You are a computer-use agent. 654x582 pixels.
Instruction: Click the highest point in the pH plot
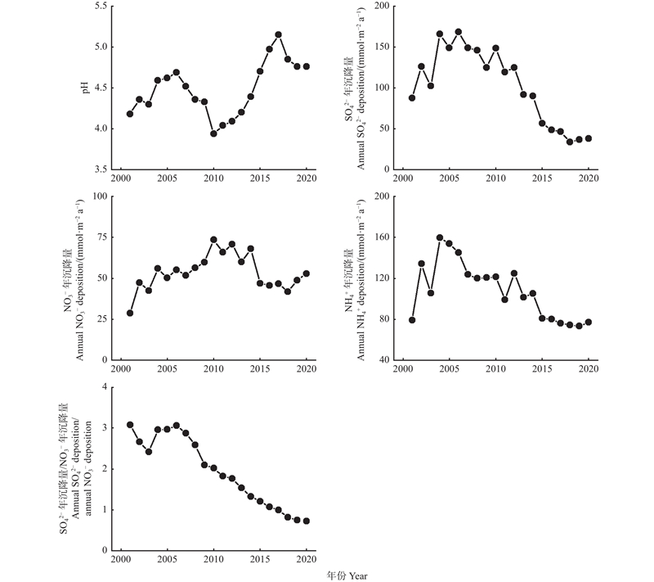click(x=279, y=34)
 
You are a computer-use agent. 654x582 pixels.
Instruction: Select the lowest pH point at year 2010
click(x=213, y=133)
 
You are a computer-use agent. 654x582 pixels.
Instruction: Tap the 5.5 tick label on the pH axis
click(x=101, y=7)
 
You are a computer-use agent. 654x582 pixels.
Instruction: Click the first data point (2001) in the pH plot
click(x=130, y=114)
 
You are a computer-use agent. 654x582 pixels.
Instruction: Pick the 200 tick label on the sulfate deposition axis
click(x=380, y=7)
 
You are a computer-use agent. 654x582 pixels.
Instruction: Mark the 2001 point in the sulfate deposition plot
click(x=412, y=97)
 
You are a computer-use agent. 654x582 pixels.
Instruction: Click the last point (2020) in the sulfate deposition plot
click(x=589, y=138)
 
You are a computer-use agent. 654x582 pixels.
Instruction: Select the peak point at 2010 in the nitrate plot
click(x=213, y=240)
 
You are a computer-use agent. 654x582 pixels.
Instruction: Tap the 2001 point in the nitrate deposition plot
click(x=130, y=313)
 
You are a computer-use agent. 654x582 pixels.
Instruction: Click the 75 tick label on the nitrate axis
click(x=102, y=237)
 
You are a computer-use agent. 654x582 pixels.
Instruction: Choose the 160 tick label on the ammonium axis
click(x=380, y=237)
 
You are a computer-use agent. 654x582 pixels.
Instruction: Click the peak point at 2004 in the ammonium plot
click(x=440, y=237)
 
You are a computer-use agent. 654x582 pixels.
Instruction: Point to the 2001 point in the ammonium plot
click(x=412, y=320)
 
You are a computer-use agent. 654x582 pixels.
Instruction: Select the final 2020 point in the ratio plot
click(x=307, y=521)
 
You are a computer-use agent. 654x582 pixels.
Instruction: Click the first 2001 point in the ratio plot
click(x=130, y=425)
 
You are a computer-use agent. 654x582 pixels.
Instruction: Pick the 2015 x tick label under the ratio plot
click(x=260, y=560)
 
